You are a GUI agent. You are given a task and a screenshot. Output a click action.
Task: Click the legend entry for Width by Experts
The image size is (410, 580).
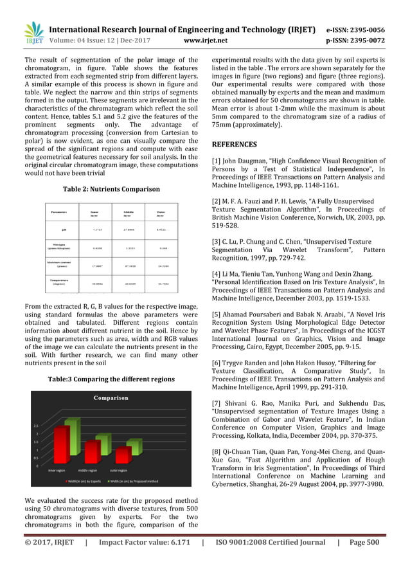85,480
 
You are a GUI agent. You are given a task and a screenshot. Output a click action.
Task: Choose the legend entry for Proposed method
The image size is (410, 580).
143,480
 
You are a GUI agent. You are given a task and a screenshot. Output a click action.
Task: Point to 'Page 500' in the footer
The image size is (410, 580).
364,542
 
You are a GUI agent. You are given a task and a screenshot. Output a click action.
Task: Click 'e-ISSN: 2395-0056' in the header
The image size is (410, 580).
355,30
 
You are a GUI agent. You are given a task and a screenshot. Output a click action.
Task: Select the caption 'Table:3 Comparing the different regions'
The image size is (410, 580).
111,379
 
